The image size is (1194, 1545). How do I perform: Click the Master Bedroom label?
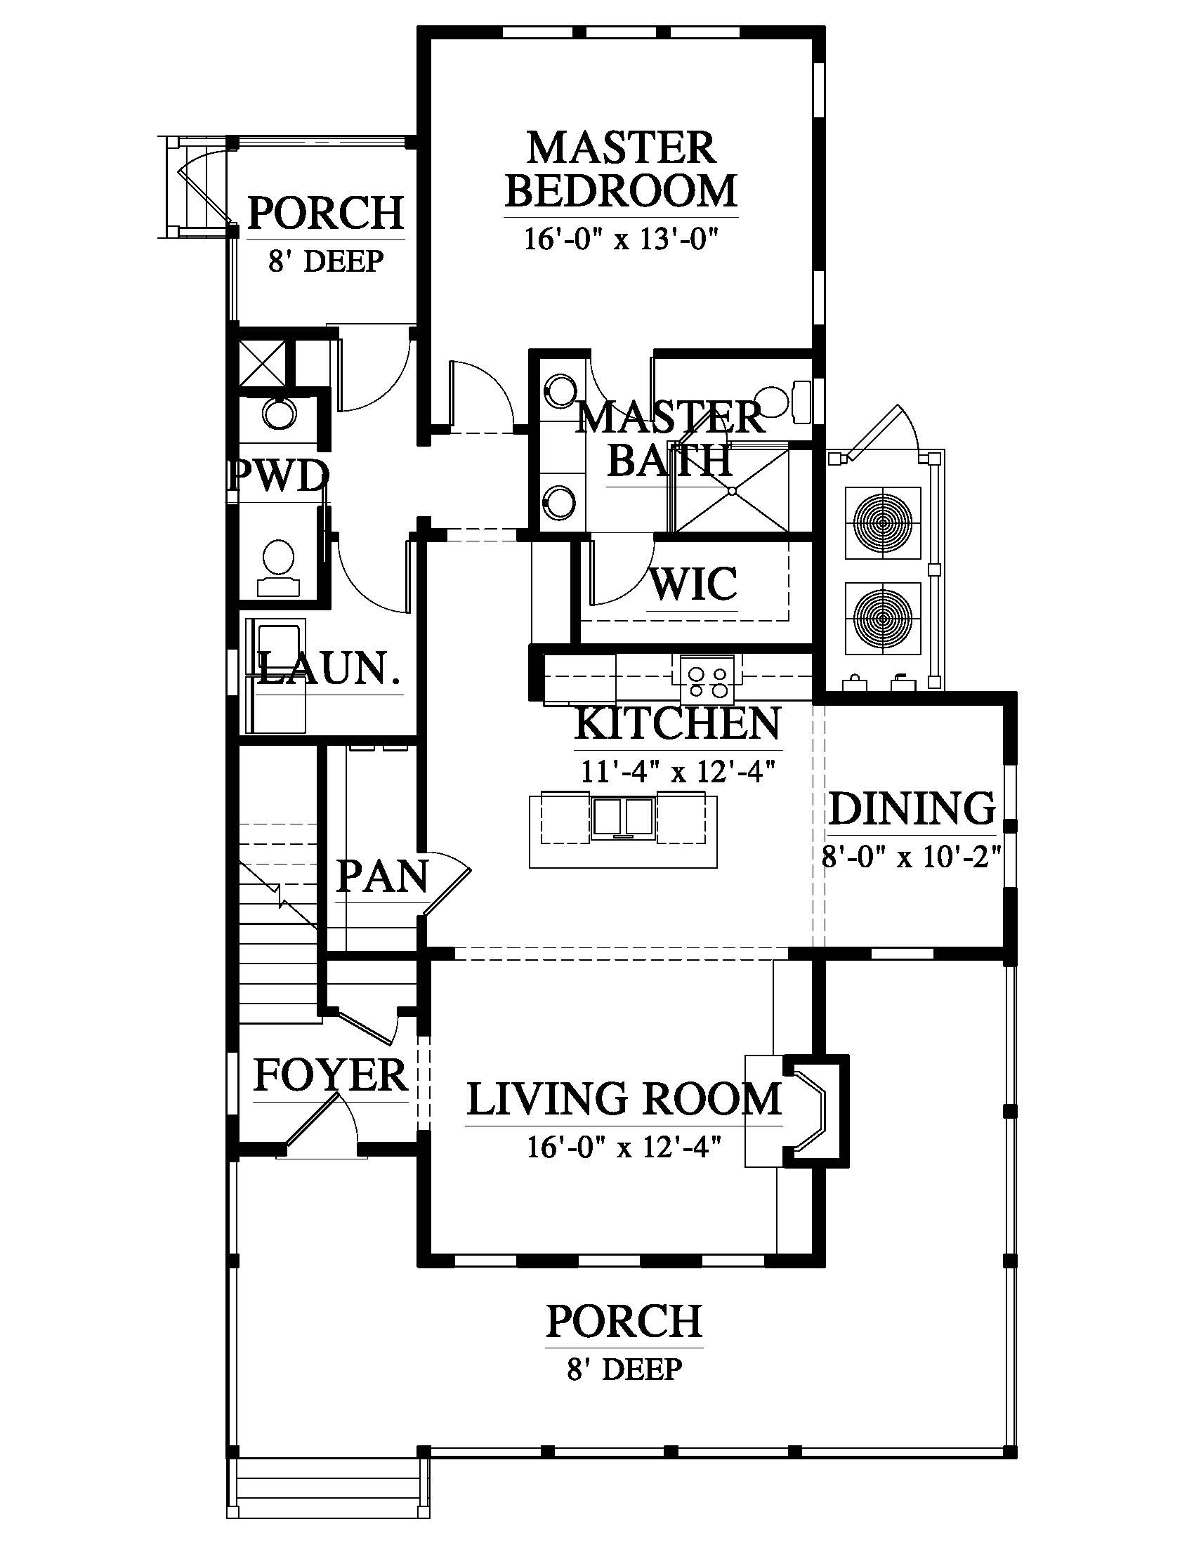click(x=621, y=169)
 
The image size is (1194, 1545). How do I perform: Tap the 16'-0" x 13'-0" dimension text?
click(x=621, y=239)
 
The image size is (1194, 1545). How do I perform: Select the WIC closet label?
click(x=693, y=584)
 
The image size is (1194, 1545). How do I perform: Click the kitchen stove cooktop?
click(x=708, y=678)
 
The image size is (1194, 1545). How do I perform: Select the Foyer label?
click(x=330, y=1074)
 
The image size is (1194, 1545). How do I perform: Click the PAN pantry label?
click(x=383, y=876)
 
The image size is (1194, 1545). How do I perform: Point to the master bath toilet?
click(x=785, y=402)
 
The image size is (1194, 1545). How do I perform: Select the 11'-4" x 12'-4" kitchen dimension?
click(x=679, y=771)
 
